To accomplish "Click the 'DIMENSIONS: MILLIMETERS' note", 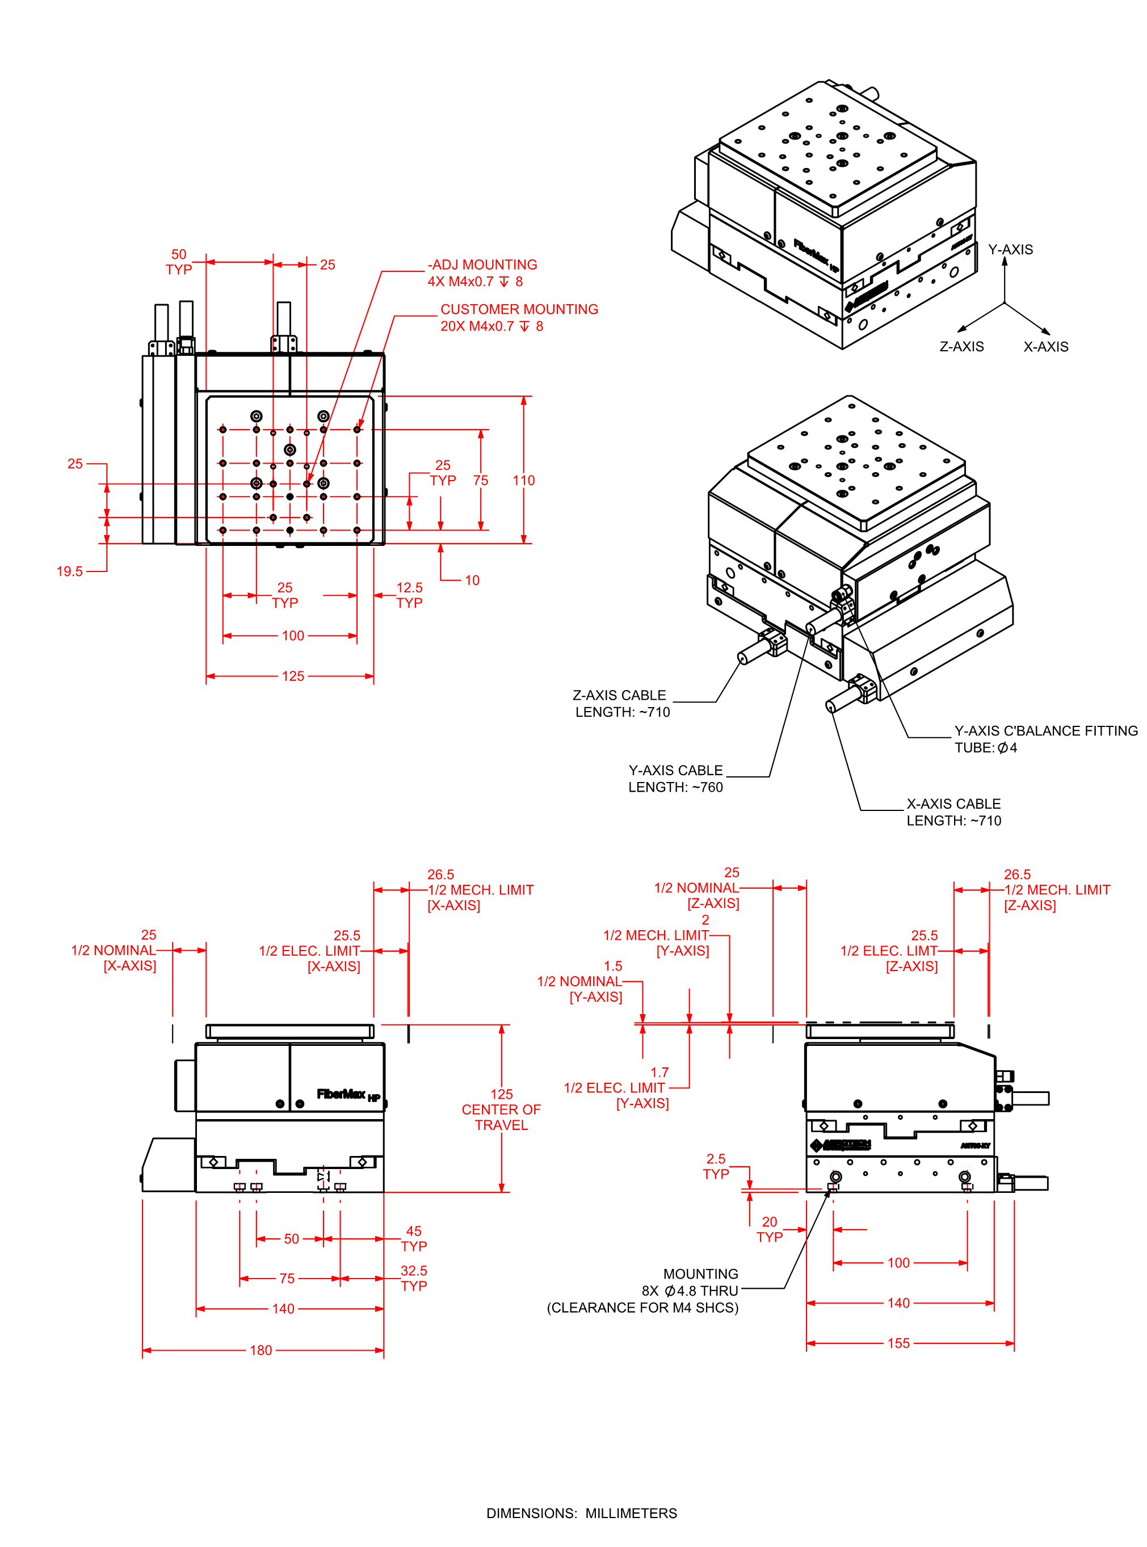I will click(x=581, y=1513).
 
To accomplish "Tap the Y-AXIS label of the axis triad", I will click(x=1010, y=249).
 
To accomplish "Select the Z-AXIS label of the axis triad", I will click(x=961, y=347).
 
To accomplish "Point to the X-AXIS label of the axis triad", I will click(x=1045, y=347).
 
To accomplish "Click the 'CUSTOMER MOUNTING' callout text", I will click(x=519, y=309).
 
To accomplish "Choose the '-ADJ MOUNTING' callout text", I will click(x=482, y=264).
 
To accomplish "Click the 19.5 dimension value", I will click(x=69, y=571).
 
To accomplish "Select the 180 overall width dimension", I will click(x=261, y=1350).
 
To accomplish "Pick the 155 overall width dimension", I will click(x=898, y=1343).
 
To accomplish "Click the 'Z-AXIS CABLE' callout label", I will click(x=619, y=695).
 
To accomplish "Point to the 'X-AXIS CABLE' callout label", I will click(x=953, y=804).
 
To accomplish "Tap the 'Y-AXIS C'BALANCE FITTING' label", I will click(x=1045, y=730).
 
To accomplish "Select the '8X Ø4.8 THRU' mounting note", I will click(x=690, y=1290).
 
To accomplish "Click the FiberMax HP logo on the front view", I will click(x=348, y=1094).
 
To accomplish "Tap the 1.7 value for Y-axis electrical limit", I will click(x=659, y=1072).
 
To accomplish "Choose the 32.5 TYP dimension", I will click(x=414, y=1277).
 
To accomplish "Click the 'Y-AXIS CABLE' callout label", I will click(x=675, y=770).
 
